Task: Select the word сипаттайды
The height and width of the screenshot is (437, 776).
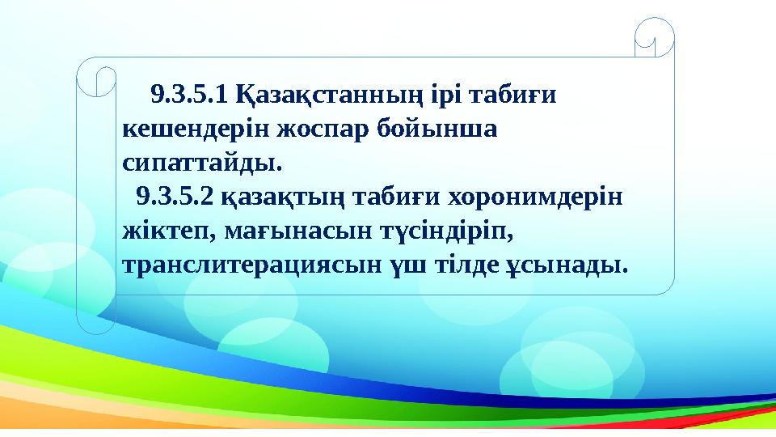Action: pos(202,163)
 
